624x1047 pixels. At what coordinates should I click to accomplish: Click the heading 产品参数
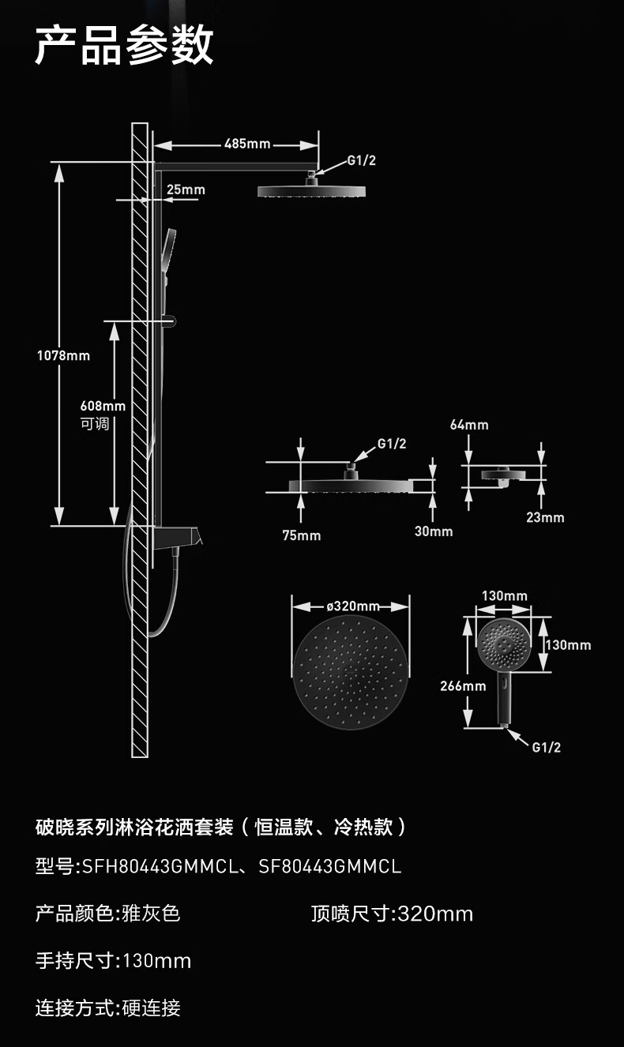coord(124,45)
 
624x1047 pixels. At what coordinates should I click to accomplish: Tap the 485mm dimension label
coord(247,144)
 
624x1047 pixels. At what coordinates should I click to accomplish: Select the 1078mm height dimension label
coord(63,355)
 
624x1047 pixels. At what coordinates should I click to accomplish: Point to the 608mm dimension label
coord(103,406)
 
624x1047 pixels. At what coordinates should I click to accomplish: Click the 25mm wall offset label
coord(186,190)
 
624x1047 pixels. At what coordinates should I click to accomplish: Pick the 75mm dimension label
coord(302,535)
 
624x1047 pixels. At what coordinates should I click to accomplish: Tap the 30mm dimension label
coord(434,531)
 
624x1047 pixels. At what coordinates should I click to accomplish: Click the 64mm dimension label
coord(469,425)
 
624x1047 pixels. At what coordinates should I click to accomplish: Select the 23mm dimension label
coord(546,517)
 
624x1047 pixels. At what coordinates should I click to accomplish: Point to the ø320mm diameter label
coord(353,606)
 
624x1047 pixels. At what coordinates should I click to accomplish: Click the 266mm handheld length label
coord(463,686)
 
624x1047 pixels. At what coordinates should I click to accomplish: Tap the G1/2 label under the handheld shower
coord(547,748)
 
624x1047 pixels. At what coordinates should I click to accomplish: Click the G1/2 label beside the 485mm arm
coord(361,160)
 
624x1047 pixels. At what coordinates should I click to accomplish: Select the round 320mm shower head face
coord(351,672)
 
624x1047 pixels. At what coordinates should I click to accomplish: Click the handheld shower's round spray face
coord(504,644)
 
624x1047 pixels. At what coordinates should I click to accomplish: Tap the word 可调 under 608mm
coord(95,424)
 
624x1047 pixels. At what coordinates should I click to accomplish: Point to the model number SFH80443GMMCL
coord(160,867)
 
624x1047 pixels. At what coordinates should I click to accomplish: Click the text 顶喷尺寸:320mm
coord(392,914)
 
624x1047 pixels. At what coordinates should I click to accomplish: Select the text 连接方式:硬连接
coord(108,1008)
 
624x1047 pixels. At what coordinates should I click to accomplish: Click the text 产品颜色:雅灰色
coord(108,914)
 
